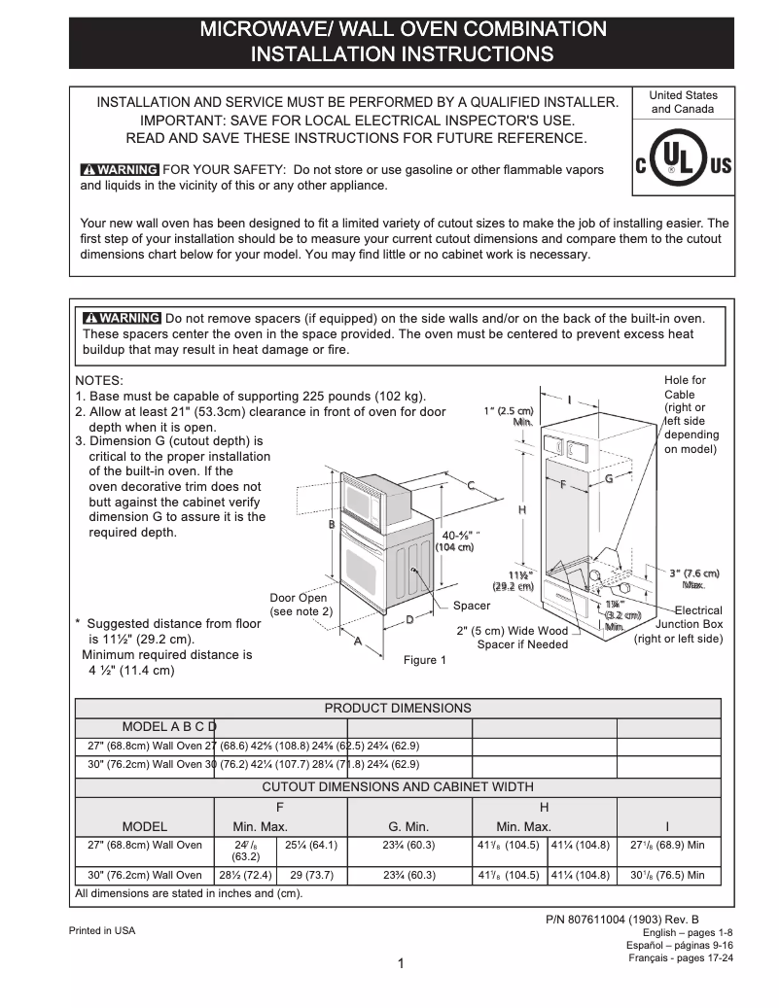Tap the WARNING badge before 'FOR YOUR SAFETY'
(x=120, y=169)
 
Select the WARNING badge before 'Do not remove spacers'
(x=123, y=318)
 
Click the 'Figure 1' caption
(x=425, y=660)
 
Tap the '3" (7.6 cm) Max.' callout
(x=693, y=578)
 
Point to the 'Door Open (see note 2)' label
(x=301, y=605)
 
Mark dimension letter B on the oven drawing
(x=332, y=525)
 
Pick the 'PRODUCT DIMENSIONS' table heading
(x=398, y=708)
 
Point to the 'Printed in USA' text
(x=102, y=930)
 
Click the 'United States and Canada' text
(x=683, y=102)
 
